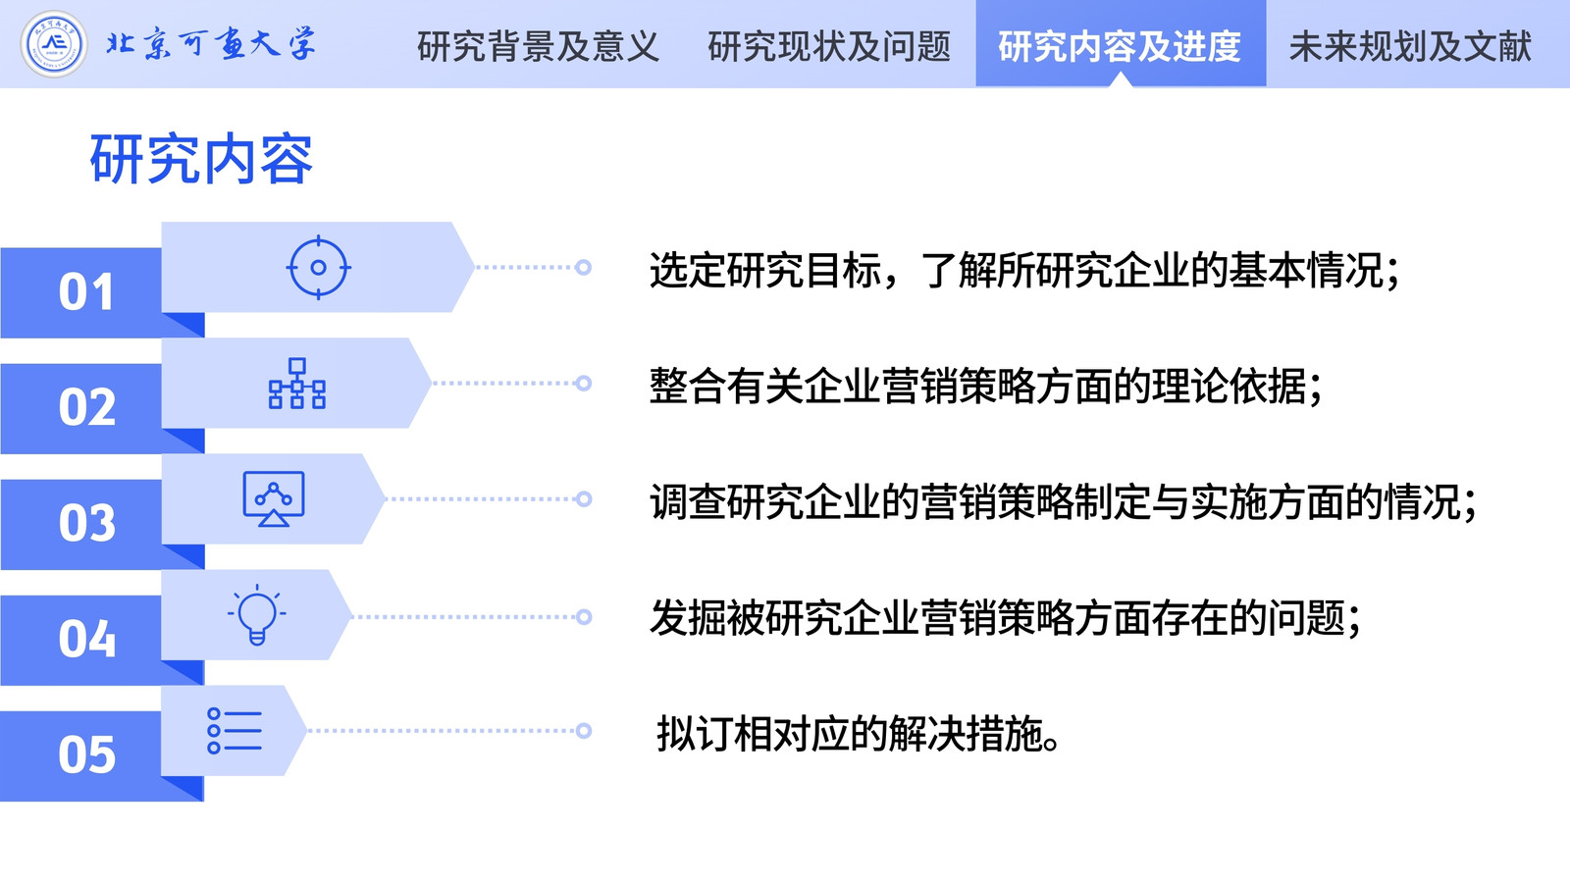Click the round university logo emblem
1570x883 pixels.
pyautogui.click(x=53, y=43)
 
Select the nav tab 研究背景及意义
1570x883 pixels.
pyautogui.click(x=538, y=46)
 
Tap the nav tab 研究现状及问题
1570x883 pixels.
pyautogui.click(x=828, y=46)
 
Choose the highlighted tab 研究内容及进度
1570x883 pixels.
pyautogui.click(x=1120, y=46)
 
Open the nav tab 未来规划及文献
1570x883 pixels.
pyautogui.click(x=1410, y=46)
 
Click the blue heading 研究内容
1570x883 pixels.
pyautogui.click(x=201, y=159)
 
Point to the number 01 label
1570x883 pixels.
pyautogui.click(x=85, y=291)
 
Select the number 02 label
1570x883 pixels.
pyautogui.click(x=87, y=407)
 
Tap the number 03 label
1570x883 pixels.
pyautogui.click(x=87, y=523)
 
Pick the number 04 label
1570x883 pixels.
pyautogui.click(x=87, y=639)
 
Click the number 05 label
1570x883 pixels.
pyautogui.click(x=87, y=754)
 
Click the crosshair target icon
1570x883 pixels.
pyautogui.click(x=318, y=267)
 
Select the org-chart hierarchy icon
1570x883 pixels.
pyautogui.click(x=297, y=384)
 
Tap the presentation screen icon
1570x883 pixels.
pyautogui.click(x=274, y=498)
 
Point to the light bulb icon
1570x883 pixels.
pyautogui.click(x=256, y=614)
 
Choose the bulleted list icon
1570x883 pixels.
pyautogui.click(x=235, y=731)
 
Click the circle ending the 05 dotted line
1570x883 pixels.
pyautogui.click(x=583, y=731)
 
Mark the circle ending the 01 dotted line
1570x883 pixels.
pyautogui.click(x=583, y=267)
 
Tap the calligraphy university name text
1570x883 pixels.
pyautogui.click(x=211, y=43)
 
